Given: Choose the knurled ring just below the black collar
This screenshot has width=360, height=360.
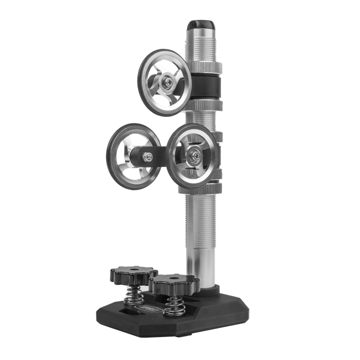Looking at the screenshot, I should tap(207, 102).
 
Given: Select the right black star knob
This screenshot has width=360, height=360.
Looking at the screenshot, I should tap(174, 283).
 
